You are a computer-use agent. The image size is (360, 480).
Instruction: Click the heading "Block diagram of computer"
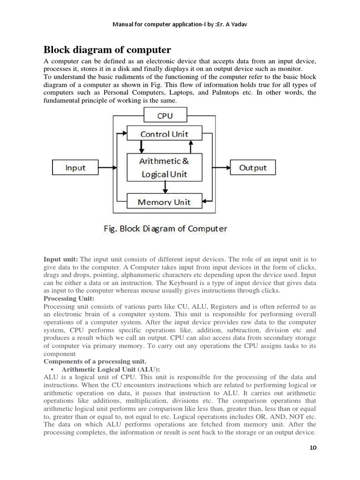pyautogui.click(x=107, y=50)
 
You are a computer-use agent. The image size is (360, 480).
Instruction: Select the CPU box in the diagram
pyautogui.click(x=165, y=115)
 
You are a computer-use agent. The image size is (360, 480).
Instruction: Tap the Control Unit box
pyautogui.click(x=165, y=134)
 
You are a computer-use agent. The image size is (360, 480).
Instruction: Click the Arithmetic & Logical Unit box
pyautogui.click(x=165, y=167)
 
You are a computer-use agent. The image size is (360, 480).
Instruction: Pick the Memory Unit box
pyautogui.click(x=165, y=202)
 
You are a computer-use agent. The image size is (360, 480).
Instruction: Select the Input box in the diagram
pyautogui.click(x=75, y=167)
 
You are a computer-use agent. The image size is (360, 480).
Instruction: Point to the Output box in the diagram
pyautogui.click(x=253, y=167)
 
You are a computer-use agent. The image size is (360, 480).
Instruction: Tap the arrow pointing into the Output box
pyautogui.click(x=223, y=167)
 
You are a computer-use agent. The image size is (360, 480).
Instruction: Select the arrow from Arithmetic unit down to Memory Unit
pyautogui.click(x=165, y=187)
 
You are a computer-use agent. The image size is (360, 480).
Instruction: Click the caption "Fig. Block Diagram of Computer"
pyautogui.click(x=165, y=229)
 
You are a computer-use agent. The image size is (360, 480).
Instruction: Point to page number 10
pyautogui.click(x=313, y=448)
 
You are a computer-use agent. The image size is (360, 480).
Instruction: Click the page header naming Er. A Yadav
pyautogui.click(x=180, y=24)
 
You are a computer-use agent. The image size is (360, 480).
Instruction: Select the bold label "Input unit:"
pyautogui.click(x=61, y=259)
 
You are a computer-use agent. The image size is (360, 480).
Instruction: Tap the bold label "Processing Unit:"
pyautogui.click(x=69, y=299)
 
